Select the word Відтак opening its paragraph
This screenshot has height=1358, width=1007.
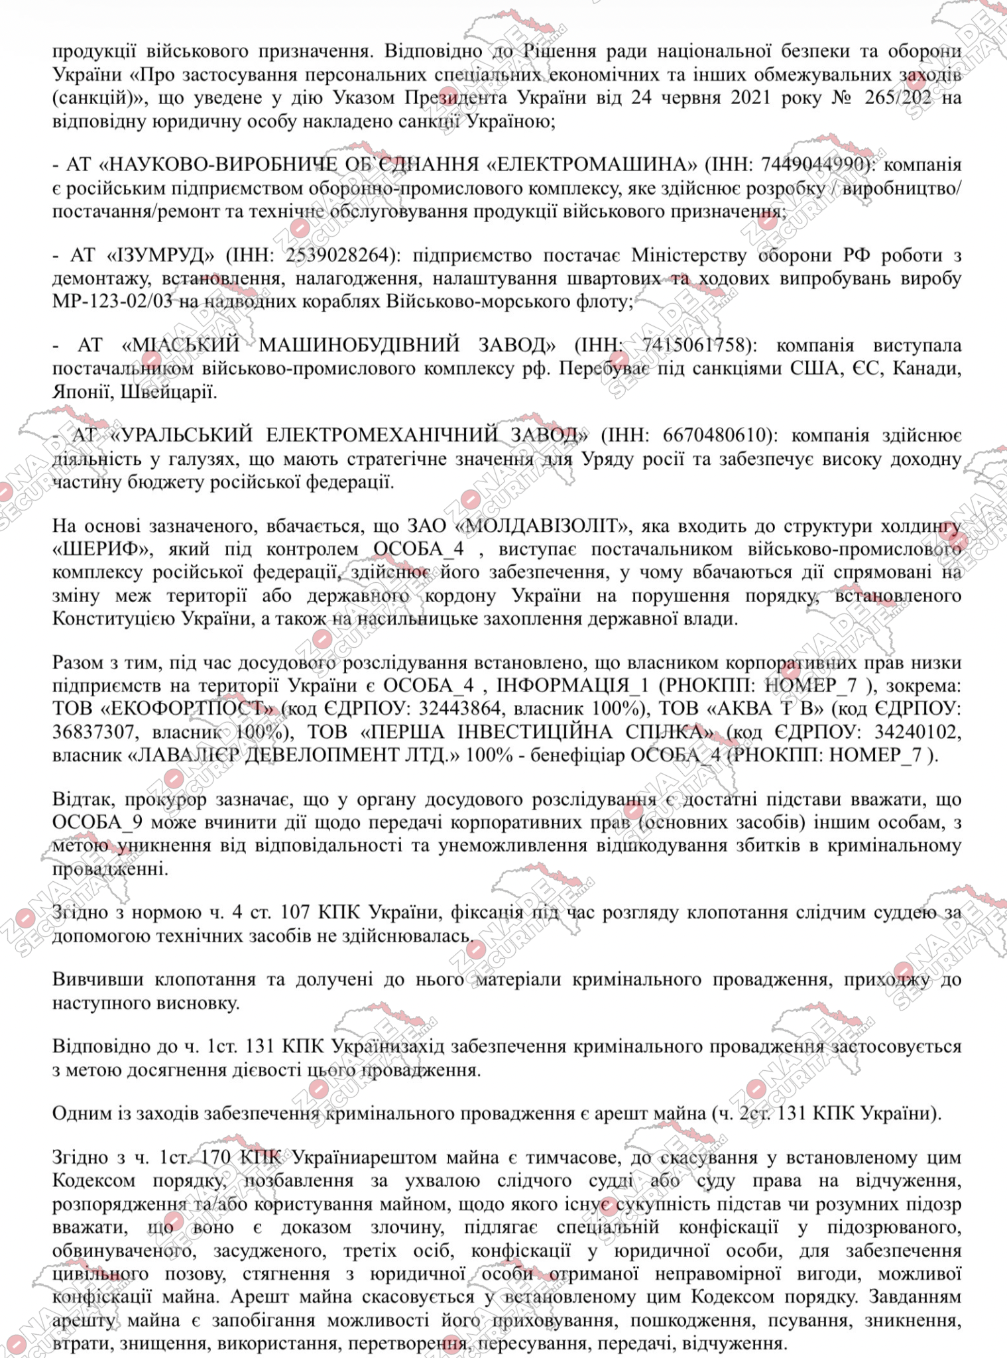pos(82,800)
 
